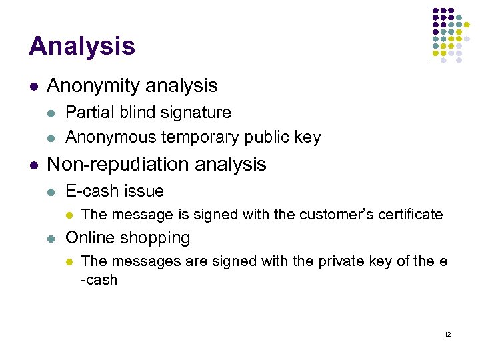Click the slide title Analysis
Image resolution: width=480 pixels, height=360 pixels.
(x=81, y=46)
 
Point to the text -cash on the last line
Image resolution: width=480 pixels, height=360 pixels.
(x=99, y=280)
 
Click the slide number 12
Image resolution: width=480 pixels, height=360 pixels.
(x=447, y=334)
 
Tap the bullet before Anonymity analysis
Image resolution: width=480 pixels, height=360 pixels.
(x=33, y=87)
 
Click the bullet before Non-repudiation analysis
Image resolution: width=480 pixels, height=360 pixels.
(x=33, y=165)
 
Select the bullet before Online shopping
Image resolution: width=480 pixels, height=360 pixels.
(x=51, y=239)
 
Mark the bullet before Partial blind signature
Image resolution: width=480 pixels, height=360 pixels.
(x=51, y=113)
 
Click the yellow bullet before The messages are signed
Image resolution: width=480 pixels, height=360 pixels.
(x=69, y=262)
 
